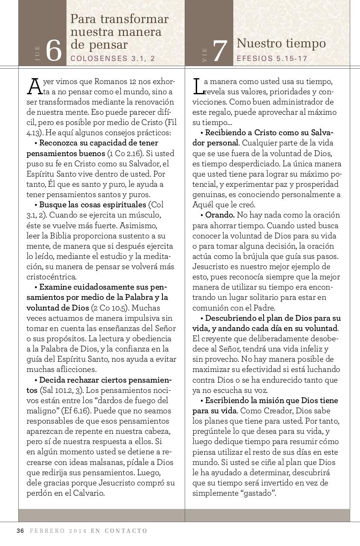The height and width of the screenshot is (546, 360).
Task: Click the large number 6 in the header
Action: click(54, 51)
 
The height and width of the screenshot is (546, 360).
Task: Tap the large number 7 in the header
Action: click(220, 52)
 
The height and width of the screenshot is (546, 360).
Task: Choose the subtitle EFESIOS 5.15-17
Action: click(272, 58)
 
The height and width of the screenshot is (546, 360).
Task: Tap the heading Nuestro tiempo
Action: click(281, 44)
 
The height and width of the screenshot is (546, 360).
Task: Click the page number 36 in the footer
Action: click(20, 531)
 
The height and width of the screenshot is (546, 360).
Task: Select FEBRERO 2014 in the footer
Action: click(58, 531)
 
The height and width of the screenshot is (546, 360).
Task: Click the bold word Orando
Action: click(220, 215)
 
